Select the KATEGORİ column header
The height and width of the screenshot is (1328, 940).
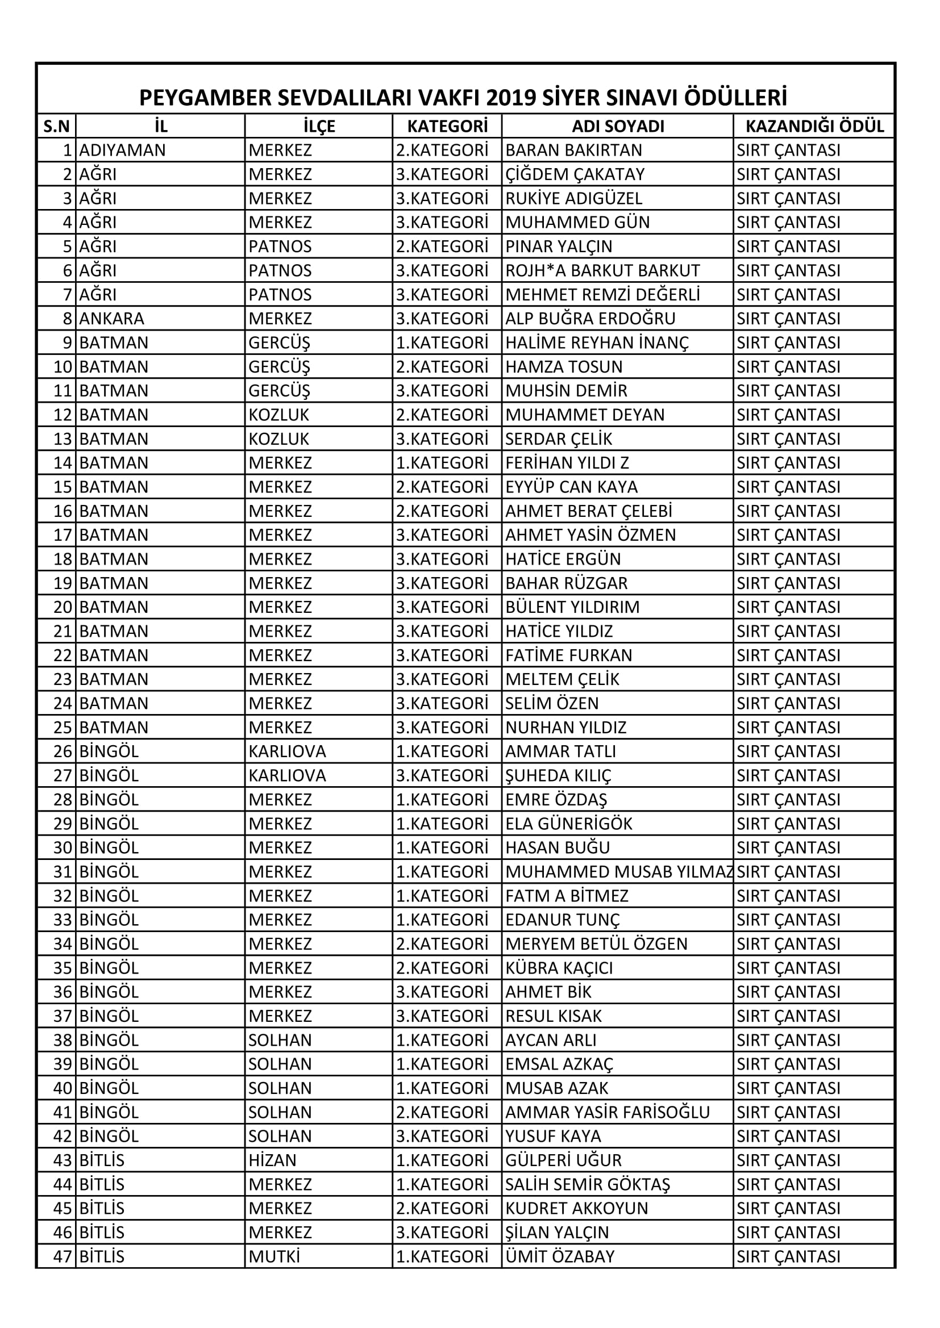pos(447,126)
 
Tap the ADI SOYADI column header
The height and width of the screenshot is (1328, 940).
pos(618,126)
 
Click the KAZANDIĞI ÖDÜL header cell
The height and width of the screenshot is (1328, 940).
pos(814,126)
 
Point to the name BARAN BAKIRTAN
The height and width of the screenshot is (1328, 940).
pos(573,151)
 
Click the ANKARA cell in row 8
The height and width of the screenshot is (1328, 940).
pos(112,319)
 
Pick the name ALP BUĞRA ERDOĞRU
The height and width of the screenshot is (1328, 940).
pos(590,319)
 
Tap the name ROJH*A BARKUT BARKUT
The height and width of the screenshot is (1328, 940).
pos(602,271)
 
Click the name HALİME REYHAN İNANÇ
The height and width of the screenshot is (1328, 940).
pos(597,343)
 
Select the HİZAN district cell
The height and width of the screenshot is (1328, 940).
pos(272,1160)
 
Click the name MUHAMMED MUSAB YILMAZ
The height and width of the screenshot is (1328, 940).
pos(619,872)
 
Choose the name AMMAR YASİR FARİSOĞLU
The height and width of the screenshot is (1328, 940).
pos(607,1112)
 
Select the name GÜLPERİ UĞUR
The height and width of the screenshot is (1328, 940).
pos(563,1160)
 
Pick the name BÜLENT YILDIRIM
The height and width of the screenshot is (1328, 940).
pos(572,607)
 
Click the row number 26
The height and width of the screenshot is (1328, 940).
pos(63,751)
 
